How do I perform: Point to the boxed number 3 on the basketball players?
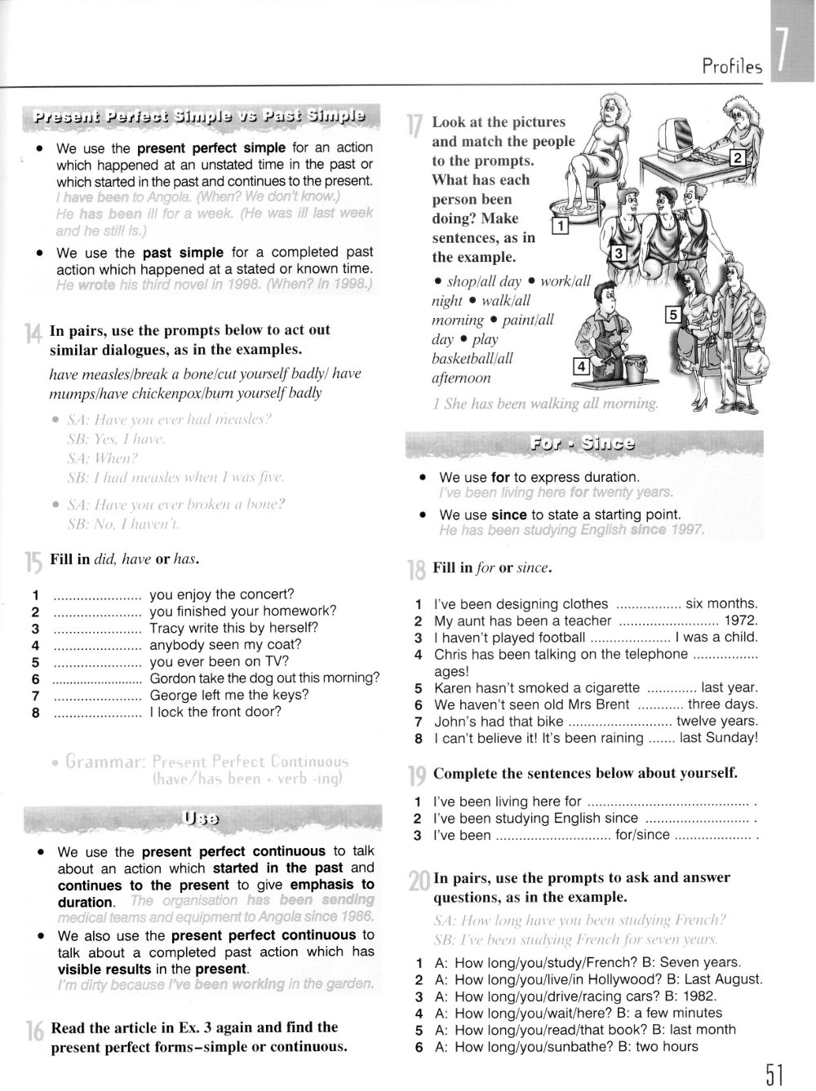point(619,254)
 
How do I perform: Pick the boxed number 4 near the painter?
point(581,367)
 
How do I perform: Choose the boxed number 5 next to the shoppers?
point(673,314)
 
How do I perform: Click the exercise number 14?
point(33,333)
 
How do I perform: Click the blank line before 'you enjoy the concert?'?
point(97,594)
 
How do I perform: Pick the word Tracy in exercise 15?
point(167,628)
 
